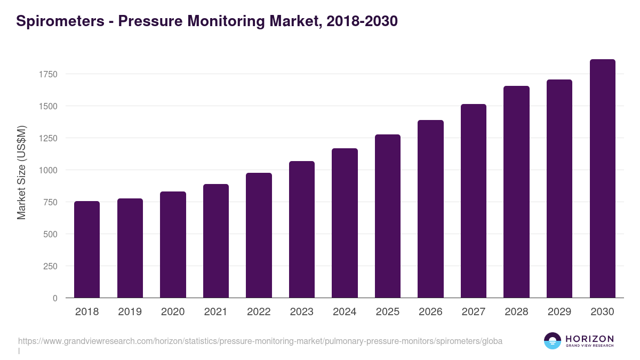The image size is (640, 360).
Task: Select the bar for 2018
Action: [x=87, y=249]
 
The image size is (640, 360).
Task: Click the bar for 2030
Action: [x=602, y=178]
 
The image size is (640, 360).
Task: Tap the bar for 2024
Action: [x=345, y=223]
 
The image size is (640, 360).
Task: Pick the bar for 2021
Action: [x=216, y=241]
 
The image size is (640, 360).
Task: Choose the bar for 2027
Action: [x=474, y=201]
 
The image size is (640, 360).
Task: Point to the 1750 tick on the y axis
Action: [x=48, y=74]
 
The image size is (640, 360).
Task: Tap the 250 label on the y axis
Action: [x=50, y=266]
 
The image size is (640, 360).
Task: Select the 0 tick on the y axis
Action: [x=55, y=298]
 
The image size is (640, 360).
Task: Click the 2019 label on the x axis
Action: [x=130, y=312]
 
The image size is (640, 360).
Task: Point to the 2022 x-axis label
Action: [x=259, y=312]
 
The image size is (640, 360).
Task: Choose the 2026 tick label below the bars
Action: [x=430, y=312]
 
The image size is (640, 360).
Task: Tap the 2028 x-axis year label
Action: [x=516, y=312]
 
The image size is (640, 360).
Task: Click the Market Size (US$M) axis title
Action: [x=21, y=172]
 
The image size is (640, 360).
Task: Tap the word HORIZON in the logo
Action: [x=589, y=339]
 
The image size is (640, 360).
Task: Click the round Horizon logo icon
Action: [x=553, y=341]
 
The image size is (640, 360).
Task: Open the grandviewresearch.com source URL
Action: [x=260, y=341]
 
